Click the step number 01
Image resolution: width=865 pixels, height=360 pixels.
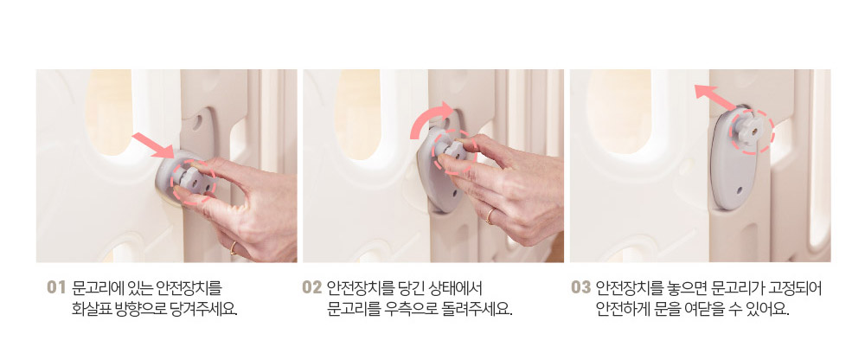point(56,287)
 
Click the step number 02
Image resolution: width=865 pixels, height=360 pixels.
point(311,287)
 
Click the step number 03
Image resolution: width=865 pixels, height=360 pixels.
point(581,287)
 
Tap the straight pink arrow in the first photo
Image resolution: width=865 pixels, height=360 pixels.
point(154,145)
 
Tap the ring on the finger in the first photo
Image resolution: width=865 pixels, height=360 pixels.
point(234,247)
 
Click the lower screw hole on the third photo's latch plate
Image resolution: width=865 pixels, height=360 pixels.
point(740,190)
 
